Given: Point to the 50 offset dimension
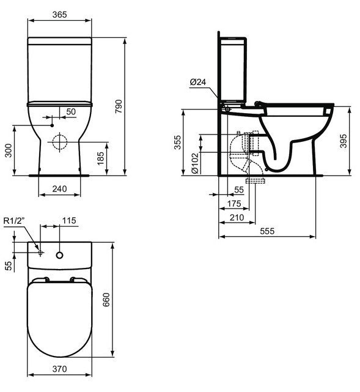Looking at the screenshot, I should pyautogui.click(x=71, y=111).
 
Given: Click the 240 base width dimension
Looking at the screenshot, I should pyautogui.click(x=59, y=190).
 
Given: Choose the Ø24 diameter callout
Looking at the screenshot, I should pyautogui.click(x=197, y=82).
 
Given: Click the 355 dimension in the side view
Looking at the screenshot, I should pyautogui.click(x=176, y=142).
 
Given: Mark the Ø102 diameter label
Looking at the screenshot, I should pyautogui.click(x=194, y=163).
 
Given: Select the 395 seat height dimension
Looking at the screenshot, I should pyautogui.click(x=343, y=142).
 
